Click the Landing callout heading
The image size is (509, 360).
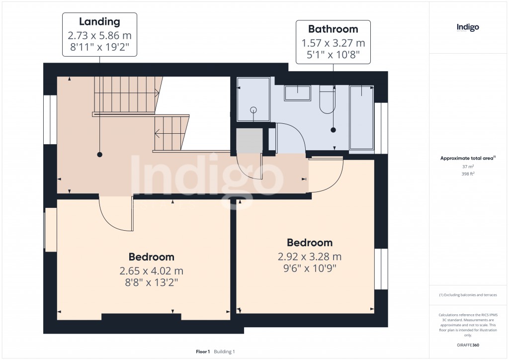point(99,22)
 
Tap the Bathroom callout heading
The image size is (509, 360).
point(333,29)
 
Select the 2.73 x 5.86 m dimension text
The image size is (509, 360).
point(99,36)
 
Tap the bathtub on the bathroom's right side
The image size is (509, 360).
point(361,117)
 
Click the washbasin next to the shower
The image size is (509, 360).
point(297,92)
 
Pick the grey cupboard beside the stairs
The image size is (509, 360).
point(249,141)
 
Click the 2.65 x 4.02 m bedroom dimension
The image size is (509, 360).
point(151,271)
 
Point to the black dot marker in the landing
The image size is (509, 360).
point(99,155)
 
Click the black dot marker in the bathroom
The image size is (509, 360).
point(333,130)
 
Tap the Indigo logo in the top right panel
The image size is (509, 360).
point(468,28)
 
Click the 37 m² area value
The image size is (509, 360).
point(467,167)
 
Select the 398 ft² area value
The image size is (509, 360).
point(467,174)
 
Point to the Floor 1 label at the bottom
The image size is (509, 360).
point(203,352)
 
